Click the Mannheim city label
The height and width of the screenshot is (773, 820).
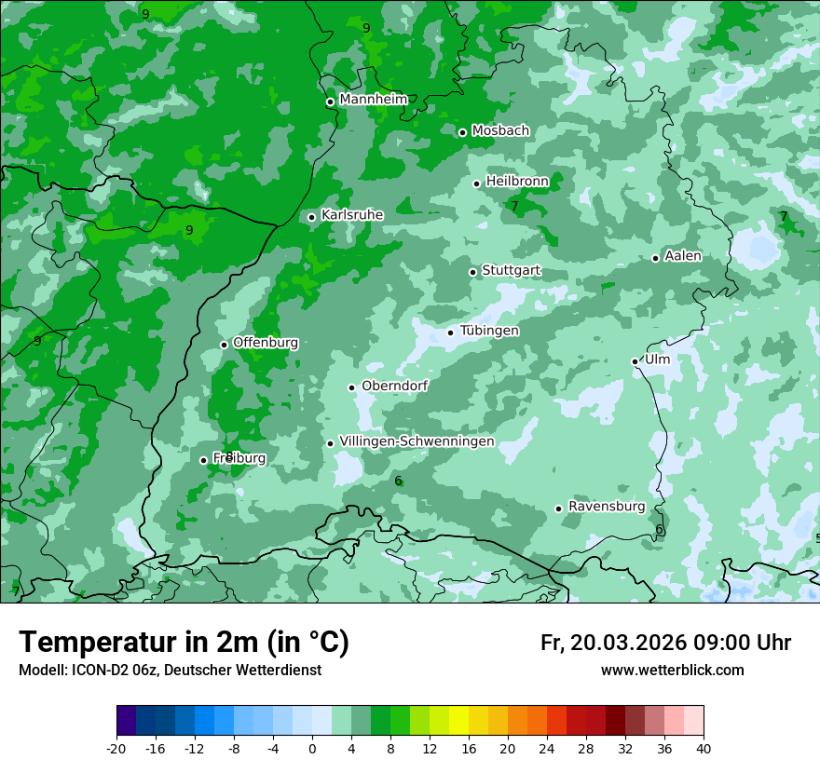click(x=373, y=100)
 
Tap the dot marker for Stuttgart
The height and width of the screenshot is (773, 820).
click(x=473, y=272)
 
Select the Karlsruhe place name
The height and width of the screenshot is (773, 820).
click(x=352, y=215)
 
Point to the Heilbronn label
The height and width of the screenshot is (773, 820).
click(x=517, y=181)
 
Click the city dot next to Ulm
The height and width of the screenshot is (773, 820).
click(x=635, y=361)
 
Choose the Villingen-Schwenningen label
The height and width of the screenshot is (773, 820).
click(x=417, y=441)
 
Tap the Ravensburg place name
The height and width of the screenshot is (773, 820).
click(x=607, y=507)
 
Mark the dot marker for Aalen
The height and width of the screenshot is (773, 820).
click(x=656, y=258)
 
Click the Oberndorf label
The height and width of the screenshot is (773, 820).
click(x=394, y=386)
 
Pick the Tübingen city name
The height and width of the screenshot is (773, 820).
click(x=489, y=331)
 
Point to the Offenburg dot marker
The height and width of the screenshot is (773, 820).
click(x=225, y=345)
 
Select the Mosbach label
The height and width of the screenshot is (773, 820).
click(x=500, y=131)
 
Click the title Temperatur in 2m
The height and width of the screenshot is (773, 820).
click(x=184, y=642)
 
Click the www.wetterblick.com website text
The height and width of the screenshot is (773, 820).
click(x=673, y=670)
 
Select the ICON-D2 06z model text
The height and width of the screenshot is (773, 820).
click(x=109, y=670)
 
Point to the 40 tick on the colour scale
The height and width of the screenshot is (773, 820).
click(x=704, y=748)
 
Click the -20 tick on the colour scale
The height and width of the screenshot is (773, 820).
click(x=116, y=748)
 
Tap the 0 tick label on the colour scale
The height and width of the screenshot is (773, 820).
click(x=312, y=748)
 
